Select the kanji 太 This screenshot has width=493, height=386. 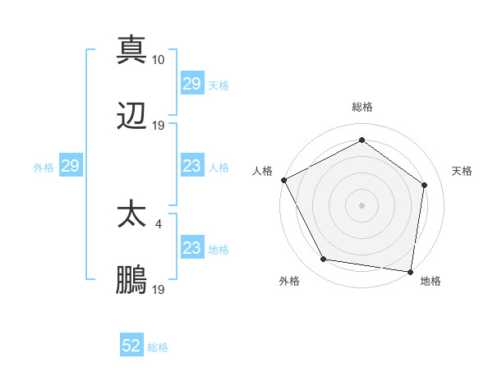click(131, 214)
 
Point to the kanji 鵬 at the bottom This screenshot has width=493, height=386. click(131, 280)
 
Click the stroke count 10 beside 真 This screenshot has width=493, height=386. click(159, 59)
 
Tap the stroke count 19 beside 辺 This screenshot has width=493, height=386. click(159, 125)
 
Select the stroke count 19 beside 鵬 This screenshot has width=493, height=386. click(159, 289)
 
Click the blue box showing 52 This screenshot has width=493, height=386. click(131, 347)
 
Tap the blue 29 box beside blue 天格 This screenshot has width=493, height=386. click(191, 84)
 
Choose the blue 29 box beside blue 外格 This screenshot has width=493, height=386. click(70, 166)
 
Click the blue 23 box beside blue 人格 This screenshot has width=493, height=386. click(191, 166)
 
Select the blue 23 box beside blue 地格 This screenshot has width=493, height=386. click(191, 248)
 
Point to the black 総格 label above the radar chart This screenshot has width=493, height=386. click(362, 108)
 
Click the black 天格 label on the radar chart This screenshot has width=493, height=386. click(462, 171)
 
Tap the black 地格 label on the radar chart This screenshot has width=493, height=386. click(430, 282)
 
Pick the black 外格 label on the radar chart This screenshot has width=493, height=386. click(289, 282)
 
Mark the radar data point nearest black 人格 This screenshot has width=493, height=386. click(283, 180)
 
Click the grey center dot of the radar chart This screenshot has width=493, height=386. click(362, 204)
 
